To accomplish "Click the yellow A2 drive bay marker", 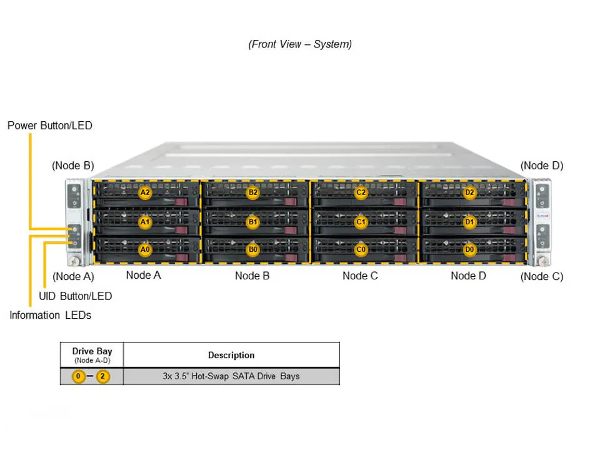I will [x=145, y=192].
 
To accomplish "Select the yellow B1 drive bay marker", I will [x=252, y=222].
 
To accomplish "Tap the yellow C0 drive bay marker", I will [x=361, y=250].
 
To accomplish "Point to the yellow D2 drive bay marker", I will [x=469, y=192].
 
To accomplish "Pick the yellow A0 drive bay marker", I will [x=145, y=250].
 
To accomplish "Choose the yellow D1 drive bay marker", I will [x=469, y=222].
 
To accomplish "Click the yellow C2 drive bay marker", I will [x=361, y=192].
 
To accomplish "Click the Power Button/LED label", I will [x=50, y=126].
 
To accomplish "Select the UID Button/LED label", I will [x=76, y=296].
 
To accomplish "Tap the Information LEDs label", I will [x=50, y=315].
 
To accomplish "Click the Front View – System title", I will [x=300, y=44].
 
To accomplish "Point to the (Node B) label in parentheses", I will [x=72, y=166].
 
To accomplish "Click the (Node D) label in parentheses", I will [x=542, y=166].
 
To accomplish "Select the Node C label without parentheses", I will [x=360, y=275].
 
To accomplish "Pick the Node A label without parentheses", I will [x=144, y=275].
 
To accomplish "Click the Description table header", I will [x=231, y=355].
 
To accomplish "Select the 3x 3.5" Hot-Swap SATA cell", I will [x=231, y=376].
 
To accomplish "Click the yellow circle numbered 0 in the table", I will [x=78, y=376].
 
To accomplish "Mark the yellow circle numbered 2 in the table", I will [x=103, y=376].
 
